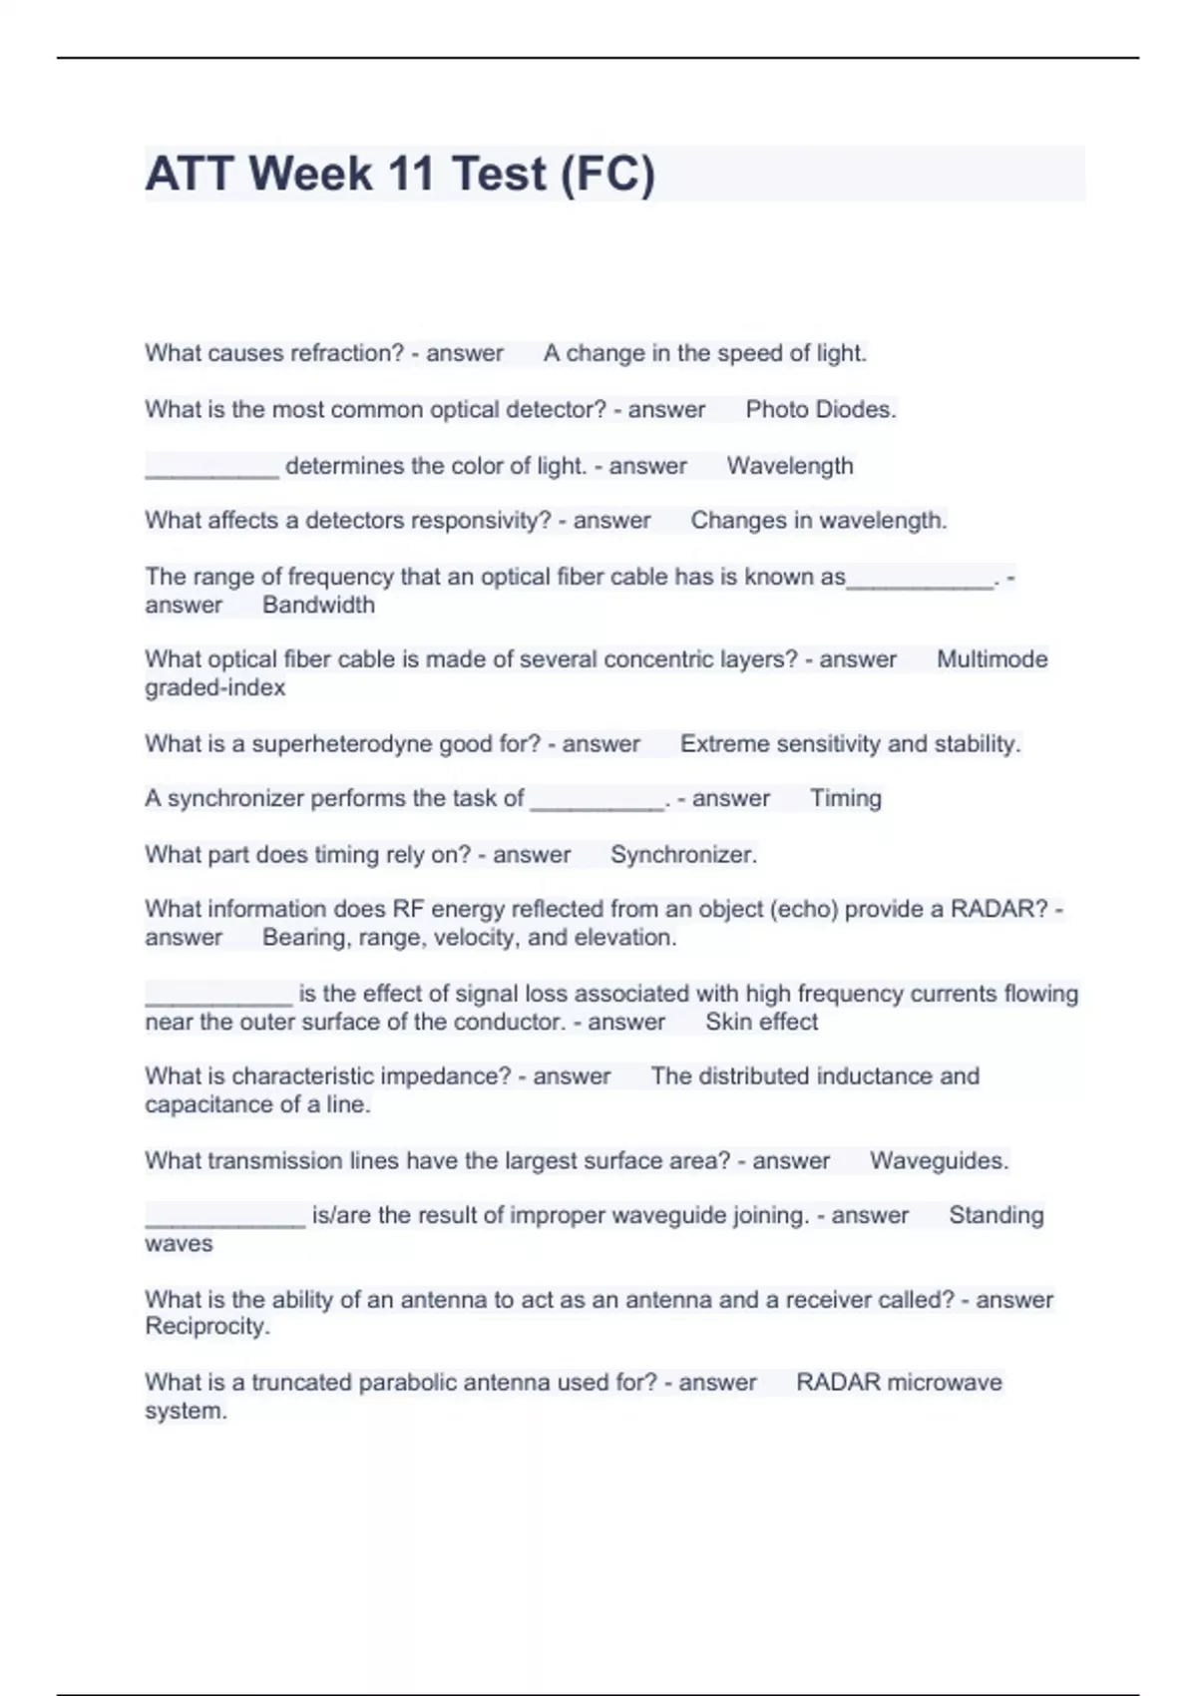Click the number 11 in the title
[410, 174]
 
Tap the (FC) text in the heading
[607, 174]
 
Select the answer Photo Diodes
[821, 409]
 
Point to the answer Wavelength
[790, 466]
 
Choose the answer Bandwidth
[318, 605]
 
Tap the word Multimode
[992, 659]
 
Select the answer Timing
[845, 798]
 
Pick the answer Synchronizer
[683, 855]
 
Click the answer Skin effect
[761, 1022]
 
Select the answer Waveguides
[939, 1161]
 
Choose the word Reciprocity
[206, 1327]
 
